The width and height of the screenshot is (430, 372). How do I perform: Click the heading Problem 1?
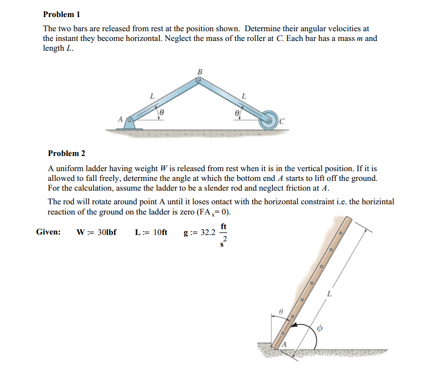pyautogui.click(x=61, y=15)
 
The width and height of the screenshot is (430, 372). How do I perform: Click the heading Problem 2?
pyautogui.click(x=66, y=154)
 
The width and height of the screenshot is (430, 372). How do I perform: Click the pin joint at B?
pyautogui.click(x=199, y=82)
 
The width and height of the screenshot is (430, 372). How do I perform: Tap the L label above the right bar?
pyautogui.click(x=244, y=97)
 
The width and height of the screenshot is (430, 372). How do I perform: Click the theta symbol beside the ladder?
pyautogui.click(x=280, y=310)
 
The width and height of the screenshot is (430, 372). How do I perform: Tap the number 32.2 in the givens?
pyautogui.click(x=207, y=232)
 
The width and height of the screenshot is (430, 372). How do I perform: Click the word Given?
pyautogui.click(x=48, y=232)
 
